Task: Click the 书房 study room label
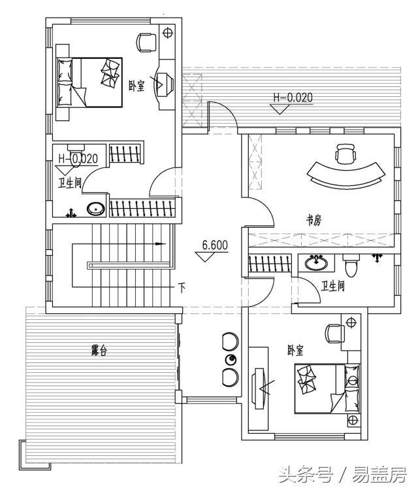point(314,220)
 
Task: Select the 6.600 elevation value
point(214,246)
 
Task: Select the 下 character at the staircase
point(182,287)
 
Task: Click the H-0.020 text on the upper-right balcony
point(293,99)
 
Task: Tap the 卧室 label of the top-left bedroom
point(136,85)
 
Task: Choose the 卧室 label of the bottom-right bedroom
point(295,351)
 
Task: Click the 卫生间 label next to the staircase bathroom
point(70,183)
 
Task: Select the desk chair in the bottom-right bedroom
point(335,333)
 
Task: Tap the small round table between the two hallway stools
point(230,360)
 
